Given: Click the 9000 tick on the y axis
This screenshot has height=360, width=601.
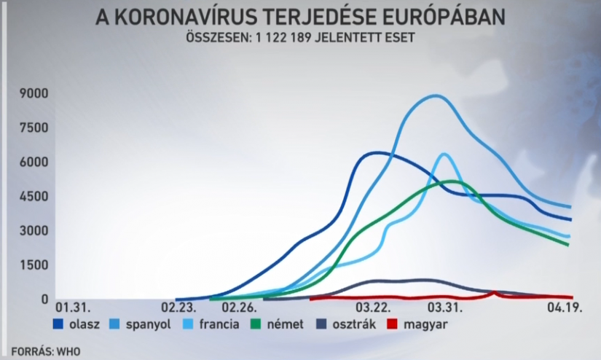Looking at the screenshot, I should click(x=34, y=93).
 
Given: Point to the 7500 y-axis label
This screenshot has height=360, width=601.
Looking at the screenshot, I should click(x=34, y=128).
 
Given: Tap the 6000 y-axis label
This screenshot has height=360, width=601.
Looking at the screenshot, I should click(x=34, y=162).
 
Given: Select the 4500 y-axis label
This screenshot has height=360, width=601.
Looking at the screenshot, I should click(x=34, y=196).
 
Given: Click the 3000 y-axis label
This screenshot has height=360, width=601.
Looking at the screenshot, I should click(x=34, y=230).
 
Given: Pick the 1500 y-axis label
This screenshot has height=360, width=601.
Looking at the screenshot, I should click(x=34, y=265).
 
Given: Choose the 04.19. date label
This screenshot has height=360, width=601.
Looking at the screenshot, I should click(x=564, y=308).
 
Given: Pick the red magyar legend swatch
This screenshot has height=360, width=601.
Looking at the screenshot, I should click(x=392, y=324).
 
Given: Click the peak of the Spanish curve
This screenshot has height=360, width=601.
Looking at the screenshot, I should click(x=436, y=95).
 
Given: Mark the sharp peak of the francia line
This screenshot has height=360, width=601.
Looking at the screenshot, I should click(x=444, y=154).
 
